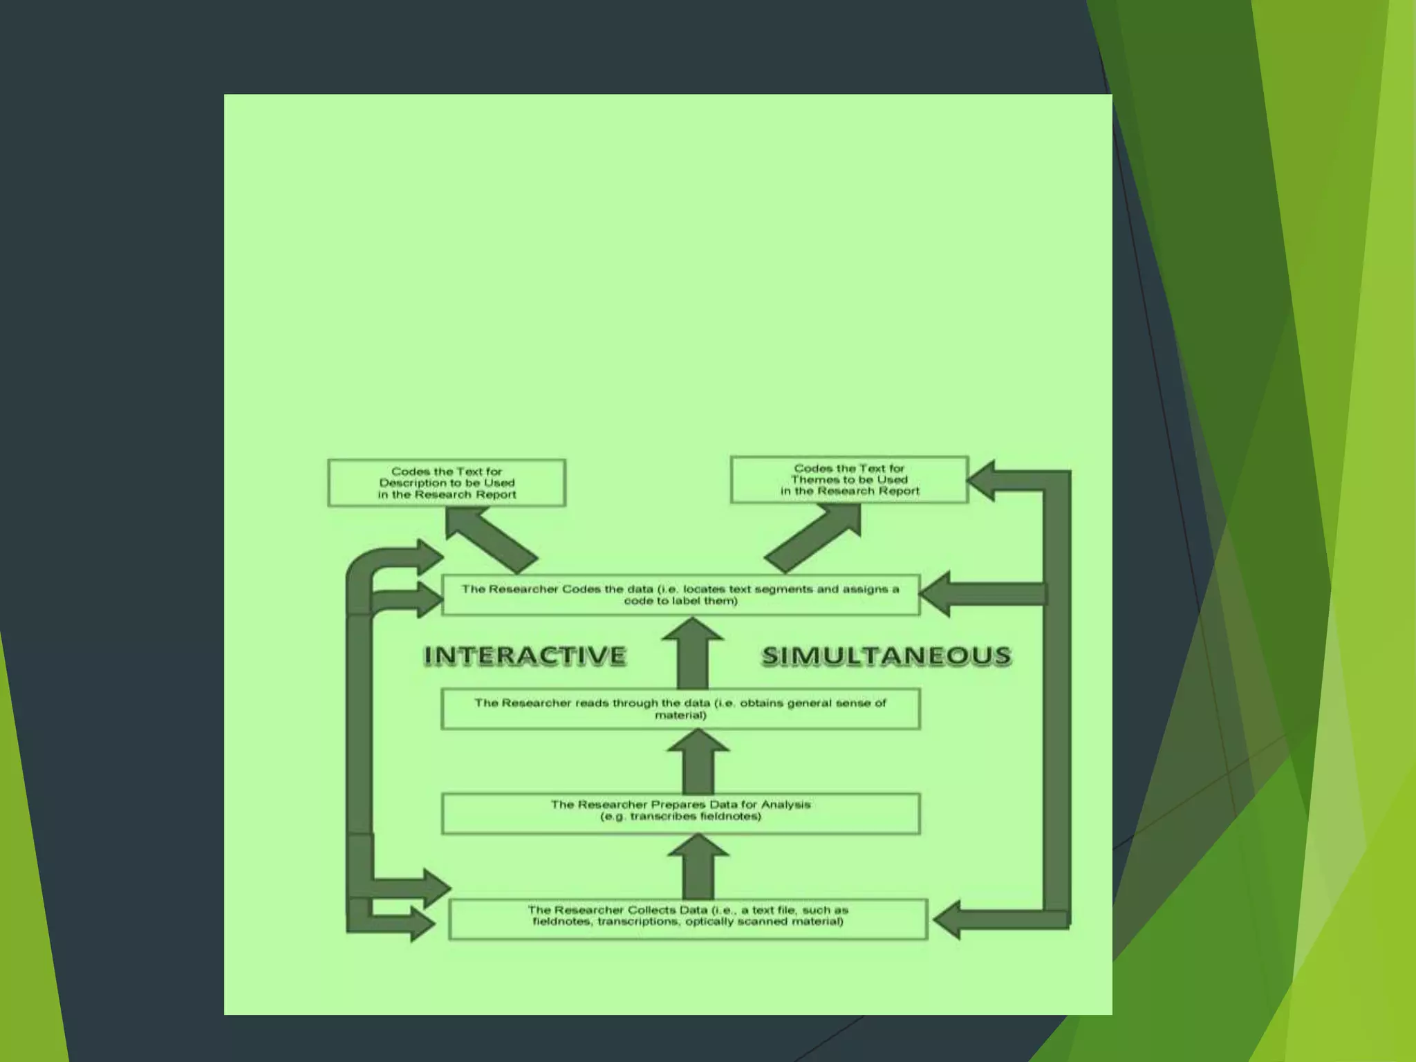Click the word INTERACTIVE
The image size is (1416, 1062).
click(525, 655)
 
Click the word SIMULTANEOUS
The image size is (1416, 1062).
click(886, 655)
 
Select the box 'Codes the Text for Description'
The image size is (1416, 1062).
click(447, 483)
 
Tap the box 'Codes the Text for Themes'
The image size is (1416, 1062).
click(849, 479)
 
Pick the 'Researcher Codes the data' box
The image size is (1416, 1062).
click(680, 595)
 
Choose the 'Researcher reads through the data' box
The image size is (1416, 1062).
click(680, 709)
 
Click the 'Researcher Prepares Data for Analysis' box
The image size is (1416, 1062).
click(680, 813)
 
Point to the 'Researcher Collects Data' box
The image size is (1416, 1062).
click(688, 919)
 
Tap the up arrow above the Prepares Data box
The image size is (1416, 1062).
click(698, 761)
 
